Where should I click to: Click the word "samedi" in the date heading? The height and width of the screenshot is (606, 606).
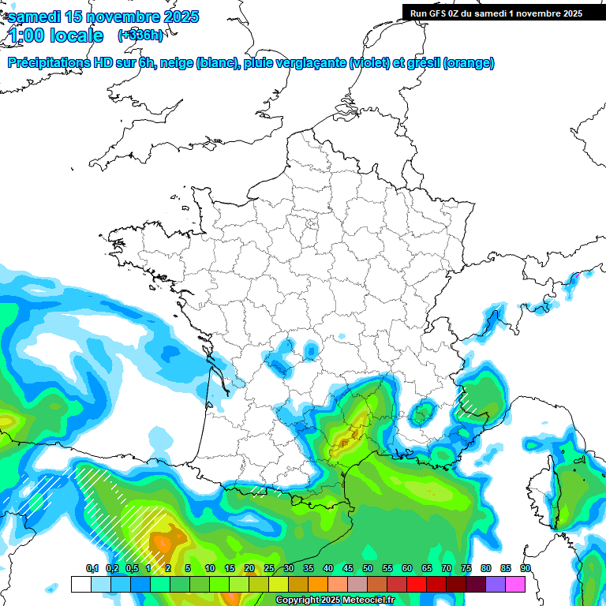34,17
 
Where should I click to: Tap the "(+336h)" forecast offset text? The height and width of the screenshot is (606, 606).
141,35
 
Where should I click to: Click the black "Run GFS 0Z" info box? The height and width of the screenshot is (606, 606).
496,13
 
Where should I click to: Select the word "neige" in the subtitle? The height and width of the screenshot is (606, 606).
176,63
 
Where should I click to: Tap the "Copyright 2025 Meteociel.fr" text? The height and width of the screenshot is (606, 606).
335,600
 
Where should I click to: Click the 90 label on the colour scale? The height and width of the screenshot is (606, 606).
526,568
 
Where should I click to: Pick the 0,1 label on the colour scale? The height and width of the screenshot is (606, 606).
92,568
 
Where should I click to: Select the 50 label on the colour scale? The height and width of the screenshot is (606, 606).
368,568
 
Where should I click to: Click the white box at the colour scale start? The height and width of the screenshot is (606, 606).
80,584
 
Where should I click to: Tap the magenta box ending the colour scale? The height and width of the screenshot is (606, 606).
515,584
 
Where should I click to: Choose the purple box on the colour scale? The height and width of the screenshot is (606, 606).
496,584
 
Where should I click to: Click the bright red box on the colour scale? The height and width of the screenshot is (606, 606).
417,584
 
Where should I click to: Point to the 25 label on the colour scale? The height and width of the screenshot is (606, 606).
269,568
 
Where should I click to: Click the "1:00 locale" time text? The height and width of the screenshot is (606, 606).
56,36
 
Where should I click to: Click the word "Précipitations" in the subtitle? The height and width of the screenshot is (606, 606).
49,63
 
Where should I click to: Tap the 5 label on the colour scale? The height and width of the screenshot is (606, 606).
188,568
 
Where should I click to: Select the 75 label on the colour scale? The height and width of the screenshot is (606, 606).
466,568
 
